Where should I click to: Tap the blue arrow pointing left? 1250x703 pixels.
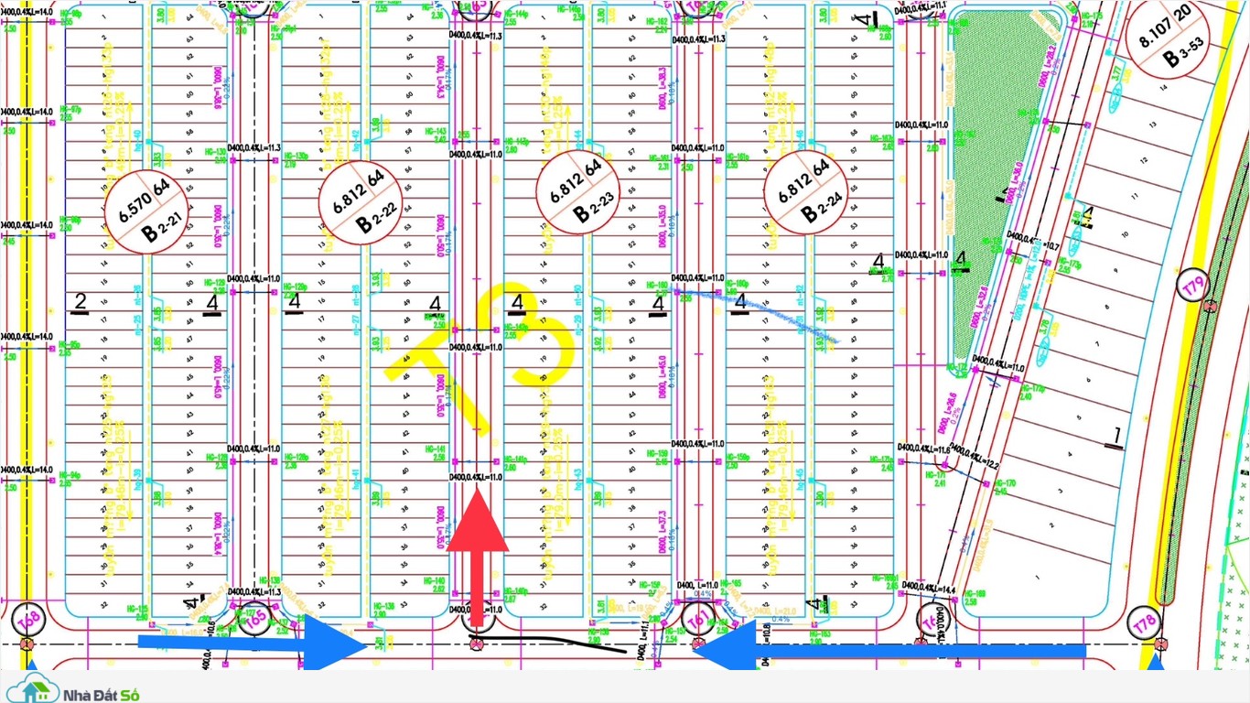(x=878, y=651)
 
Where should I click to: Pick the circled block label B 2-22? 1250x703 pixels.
(x=363, y=202)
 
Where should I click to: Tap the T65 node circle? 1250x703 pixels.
(x=255, y=618)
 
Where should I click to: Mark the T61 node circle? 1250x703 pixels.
(x=698, y=619)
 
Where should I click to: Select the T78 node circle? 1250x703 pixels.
(x=1144, y=624)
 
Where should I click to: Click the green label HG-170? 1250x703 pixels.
(x=1006, y=482)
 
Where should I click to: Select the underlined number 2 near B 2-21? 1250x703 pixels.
(x=81, y=301)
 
